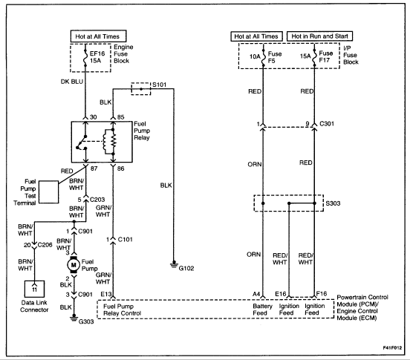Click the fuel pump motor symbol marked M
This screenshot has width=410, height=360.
pyautogui.click(x=74, y=265)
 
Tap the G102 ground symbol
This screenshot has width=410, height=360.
pyautogui.click(x=174, y=264)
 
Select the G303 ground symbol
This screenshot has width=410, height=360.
pyautogui.click(x=74, y=318)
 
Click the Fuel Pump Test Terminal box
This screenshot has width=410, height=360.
pyautogui.click(x=48, y=192)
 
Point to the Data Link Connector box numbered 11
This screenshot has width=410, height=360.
pyautogui.click(x=34, y=289)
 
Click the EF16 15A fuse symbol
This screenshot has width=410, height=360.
pyautogui.click(x=85, y=57)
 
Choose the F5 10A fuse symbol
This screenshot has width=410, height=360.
pyautogui.click(x=264, y=56)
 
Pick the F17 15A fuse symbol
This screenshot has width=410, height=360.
pyautogui.click(x=315, y=56)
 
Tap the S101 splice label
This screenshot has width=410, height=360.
pyautogui.click(x=159, y=85)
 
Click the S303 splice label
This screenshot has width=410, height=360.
pyautogui.click(x=333, y=203)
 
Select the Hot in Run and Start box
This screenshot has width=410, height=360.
pyautogui.click(x=320, y=36)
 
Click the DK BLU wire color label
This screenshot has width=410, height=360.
pyautogui.click(x=72, y=82)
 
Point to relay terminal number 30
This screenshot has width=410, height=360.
pyautogui.click(x=94, y=117)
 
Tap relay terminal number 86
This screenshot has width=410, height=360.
pyautogui.click(x=120, y=168)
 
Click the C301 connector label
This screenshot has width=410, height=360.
pyautogui.click(x=327, y=123)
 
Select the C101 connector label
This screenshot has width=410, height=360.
pyautogui.click(x=126, y=239)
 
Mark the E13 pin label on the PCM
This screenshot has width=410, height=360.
pyautogui.click(x=106, y=294)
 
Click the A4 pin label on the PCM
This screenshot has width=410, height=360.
pyautogui.click(x=256, y=294)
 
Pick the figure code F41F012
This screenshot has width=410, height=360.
pyautogui.click(x=392, y=347)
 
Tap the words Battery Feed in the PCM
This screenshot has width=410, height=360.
pyautogui.click(x=262, y=310)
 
